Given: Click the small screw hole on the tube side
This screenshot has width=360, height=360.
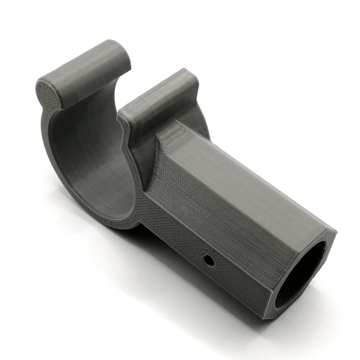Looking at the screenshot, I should (x=207, y=260).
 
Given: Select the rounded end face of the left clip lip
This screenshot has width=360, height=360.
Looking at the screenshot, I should (x=46, y=95).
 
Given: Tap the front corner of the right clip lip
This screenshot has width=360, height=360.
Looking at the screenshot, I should (x=124, y=115).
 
